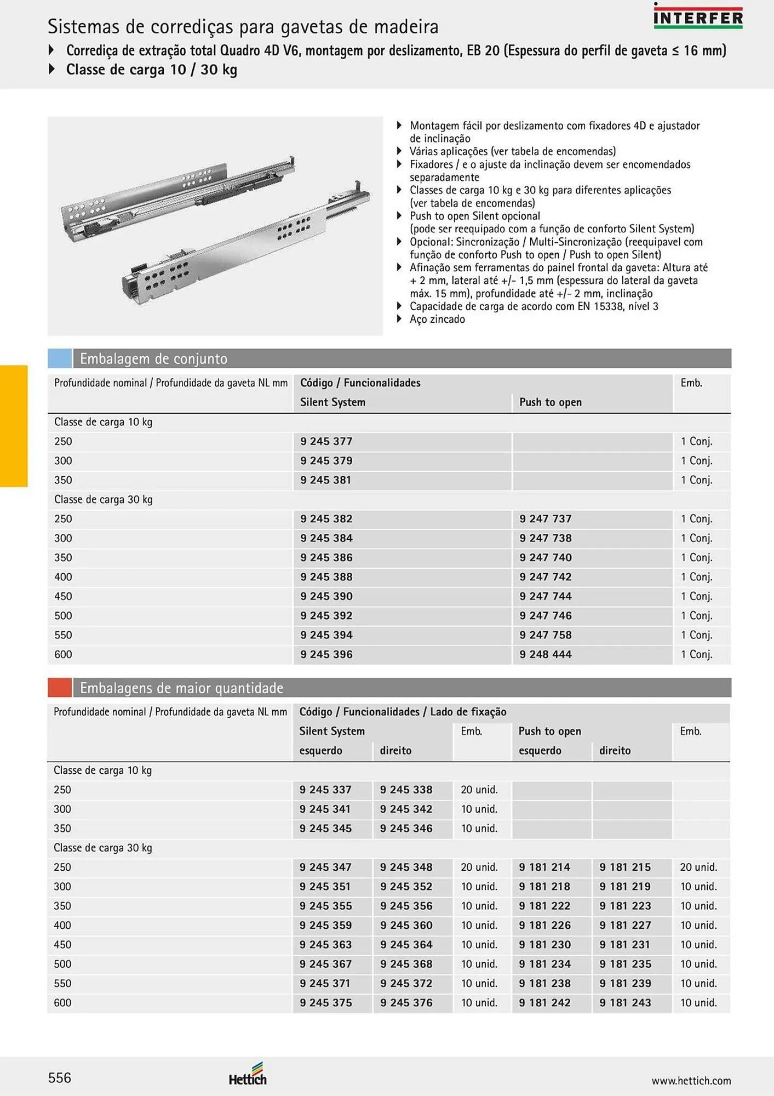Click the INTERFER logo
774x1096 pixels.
click(698, 18)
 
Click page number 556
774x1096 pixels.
click(60, 1078)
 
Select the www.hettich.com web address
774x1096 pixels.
click(691, 1081)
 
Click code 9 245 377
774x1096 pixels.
click(326, 441)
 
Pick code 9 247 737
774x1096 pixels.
click(545, 518)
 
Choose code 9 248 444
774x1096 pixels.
click(545, 654)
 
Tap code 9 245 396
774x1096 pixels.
click(326, 654)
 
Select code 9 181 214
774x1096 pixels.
click(544, 867)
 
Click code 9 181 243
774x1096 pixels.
click(625, 1002)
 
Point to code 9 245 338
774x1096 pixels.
click(406, 790)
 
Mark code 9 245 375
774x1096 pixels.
click(325, 1002)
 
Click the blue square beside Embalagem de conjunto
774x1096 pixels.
click(60, 358)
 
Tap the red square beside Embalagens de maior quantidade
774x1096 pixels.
click(60, 687)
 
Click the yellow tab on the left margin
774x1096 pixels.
click(14, 426)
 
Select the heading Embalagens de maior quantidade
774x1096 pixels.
click(181, 688)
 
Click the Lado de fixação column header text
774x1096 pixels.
click(468, 712)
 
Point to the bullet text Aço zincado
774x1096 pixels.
click(437, 319)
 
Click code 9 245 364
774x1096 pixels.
click(406, 944)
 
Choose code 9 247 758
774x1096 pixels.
click(545, 635)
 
